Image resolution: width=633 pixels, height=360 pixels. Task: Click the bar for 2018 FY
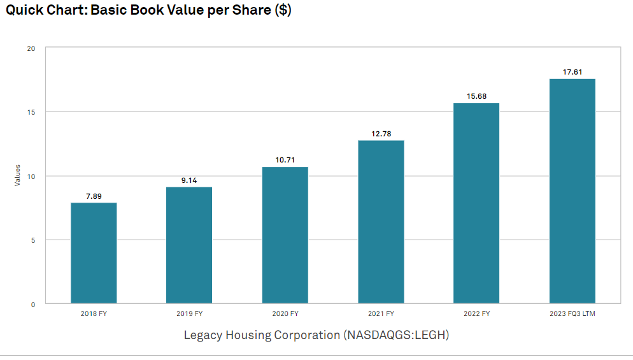[x=94, y=253]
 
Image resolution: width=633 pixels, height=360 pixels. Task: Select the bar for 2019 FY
[x=189, y=245]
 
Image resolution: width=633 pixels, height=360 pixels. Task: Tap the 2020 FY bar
[x=285, y=235]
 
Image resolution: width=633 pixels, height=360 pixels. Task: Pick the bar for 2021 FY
[x=381, y=222]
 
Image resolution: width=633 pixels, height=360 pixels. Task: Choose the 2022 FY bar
[x=476, y=203]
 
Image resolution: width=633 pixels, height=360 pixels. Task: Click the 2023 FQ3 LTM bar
[x=572, y=191]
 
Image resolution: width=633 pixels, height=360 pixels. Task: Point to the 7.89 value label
[x=94, y=196]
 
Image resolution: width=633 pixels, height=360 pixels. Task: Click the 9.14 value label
[x=189, y=180]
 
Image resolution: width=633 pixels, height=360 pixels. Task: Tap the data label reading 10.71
[x=285, y=160]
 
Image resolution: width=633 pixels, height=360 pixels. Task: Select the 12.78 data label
[x=381, y=133]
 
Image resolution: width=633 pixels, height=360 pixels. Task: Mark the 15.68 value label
[x=476, y=96]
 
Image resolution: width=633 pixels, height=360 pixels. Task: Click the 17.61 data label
[x=572, y=72]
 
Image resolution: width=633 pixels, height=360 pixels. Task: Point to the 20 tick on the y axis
[x=31, y=48]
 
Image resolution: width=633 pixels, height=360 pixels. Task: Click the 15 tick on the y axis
[x=31, y=112]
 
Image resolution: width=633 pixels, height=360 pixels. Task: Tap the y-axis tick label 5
[x=32, y=240]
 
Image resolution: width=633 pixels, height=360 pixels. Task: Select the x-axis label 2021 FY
[x=381, y=313]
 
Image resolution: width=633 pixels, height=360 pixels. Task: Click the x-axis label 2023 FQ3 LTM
[x=572, y=313]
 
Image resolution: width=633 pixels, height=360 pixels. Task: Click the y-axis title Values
[x=18, y=175]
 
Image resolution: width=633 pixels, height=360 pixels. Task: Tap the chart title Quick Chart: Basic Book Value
[x=148, y=11]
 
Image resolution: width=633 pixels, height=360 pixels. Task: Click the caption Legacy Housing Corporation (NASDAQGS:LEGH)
[x=316, y=335]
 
